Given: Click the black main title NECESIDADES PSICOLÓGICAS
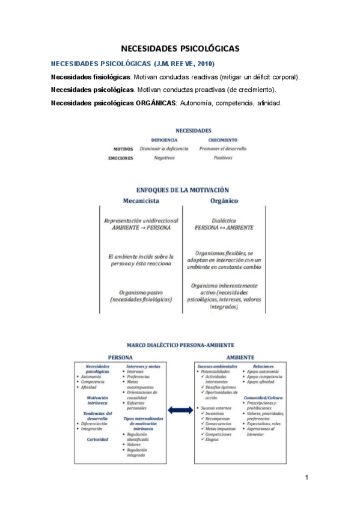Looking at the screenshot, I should pyautogui.click(x=180, y=48).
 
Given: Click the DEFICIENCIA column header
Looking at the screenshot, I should pyautogui.click(x=164, y=140).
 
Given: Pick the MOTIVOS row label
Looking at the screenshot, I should pyautogui.click(x=123, y=149).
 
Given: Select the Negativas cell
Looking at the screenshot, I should pyautogui.click(x=164, y=158).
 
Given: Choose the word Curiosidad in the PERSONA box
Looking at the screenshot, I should pyautogui.click(x=97, y=440).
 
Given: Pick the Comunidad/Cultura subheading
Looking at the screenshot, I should pyautogui.click(x=264, y=398).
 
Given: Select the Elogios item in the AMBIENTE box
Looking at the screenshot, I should pyautogui.click(x=212, y=440).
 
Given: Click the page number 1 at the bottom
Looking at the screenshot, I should pyautogui.click(x=307, y=478).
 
